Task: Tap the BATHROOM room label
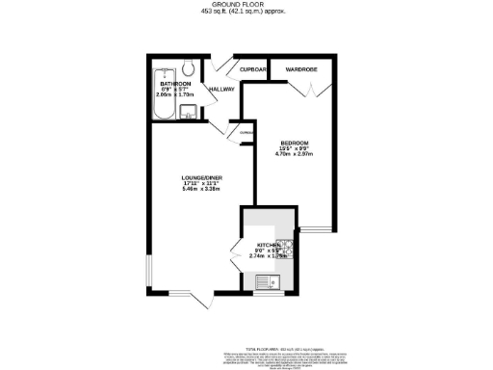pos(175,84)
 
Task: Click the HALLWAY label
pos(221,90)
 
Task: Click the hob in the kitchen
pos(284,247)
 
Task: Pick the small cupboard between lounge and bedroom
pos(246,133)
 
